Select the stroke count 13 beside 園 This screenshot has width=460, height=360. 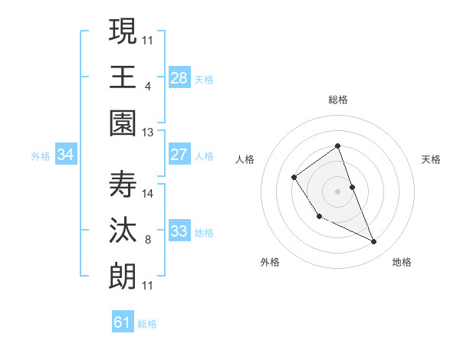148,133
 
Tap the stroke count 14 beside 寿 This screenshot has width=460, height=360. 148,194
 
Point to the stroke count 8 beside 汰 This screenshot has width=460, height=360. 148,241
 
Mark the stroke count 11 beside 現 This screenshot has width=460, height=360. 148,40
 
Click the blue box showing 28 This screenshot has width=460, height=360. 179,77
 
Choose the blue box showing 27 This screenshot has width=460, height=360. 179,155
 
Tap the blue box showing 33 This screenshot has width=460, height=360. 179,231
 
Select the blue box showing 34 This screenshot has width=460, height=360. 66,155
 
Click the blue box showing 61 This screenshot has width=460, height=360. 123,322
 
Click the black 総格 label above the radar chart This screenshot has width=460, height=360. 338,100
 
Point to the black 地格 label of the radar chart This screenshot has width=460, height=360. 402,262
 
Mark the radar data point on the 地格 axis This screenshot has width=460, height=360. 374,242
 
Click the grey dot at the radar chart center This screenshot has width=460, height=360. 338,190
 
